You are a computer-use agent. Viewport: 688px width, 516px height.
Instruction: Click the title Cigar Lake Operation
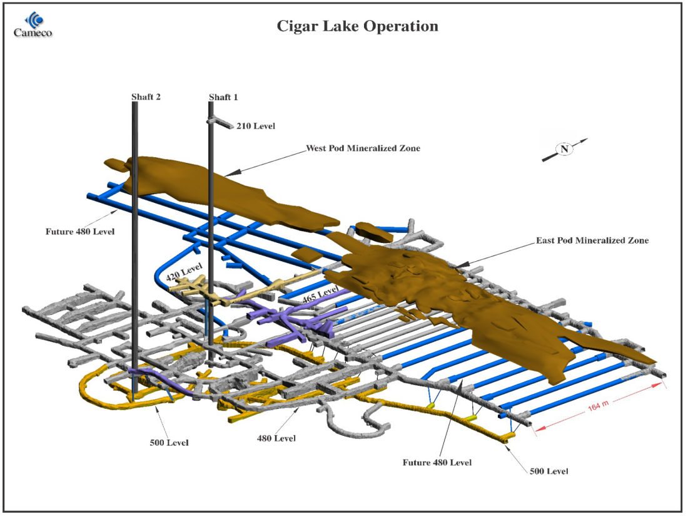click(x=358, y=26)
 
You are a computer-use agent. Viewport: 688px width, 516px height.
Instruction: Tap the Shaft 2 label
click(x=146, y=97)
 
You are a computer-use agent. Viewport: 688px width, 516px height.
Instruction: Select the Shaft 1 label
click(x=223, y=97)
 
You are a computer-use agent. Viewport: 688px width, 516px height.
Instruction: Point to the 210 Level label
click(x=255, y=126)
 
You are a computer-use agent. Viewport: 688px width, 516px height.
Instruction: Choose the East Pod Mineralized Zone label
click(x=592, y=240)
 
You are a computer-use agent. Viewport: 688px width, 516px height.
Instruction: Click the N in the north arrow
click(x=565, y=149)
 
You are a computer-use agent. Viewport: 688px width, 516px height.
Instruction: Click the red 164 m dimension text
click(x=600, y=407)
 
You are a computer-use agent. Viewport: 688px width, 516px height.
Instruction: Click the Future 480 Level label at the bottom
click(x=437, y=462)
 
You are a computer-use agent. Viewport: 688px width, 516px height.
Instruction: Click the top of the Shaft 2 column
click(x=135, y=104)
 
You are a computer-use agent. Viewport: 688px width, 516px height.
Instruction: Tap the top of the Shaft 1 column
click(x=211, y=104)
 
